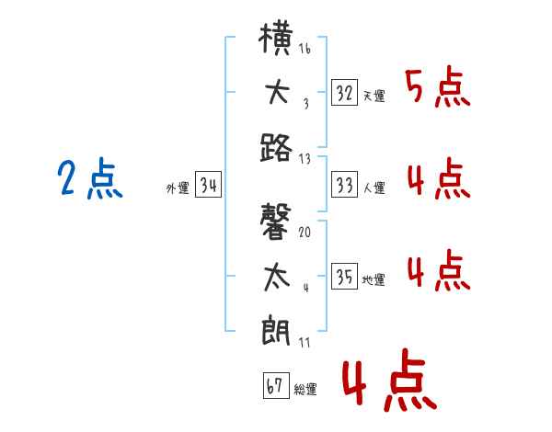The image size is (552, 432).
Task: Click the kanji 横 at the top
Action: click(276, 39)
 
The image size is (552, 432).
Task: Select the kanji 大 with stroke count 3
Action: click(278, 93)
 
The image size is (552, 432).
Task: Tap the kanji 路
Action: click(276, 148)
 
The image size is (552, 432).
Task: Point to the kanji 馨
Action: click(276, 222)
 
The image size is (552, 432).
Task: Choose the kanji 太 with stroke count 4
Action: click(277, 278)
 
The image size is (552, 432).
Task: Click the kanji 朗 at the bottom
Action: click(276, 331)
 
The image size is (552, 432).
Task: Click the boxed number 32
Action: click(344, 93)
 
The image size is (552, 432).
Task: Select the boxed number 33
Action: click(344, 185)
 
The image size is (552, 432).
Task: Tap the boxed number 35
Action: click(344, 276)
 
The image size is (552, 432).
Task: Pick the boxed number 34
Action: click(208, 185)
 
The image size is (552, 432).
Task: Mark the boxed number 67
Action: click(276, 385)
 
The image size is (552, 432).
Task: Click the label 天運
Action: click(374, 96)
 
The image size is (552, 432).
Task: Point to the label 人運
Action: click(374, 188)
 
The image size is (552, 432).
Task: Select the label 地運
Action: click(374, 279)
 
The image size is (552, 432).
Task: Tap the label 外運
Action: click(178, 188)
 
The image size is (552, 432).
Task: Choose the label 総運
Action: click(305, 390)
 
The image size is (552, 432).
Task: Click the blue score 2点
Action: click(90, 177)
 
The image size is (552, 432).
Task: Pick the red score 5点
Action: click(438, 87)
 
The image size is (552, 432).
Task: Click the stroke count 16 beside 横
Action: click(305, 48)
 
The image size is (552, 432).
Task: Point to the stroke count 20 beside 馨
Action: click(305, 232)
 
